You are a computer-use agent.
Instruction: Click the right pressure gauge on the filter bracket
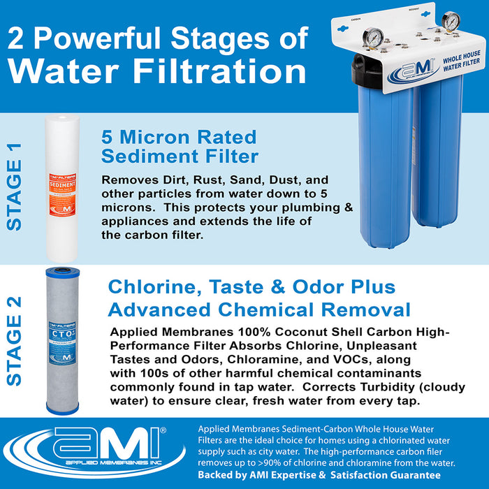tap(451, 21)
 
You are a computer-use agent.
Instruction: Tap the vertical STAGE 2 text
tap(15, 341)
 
